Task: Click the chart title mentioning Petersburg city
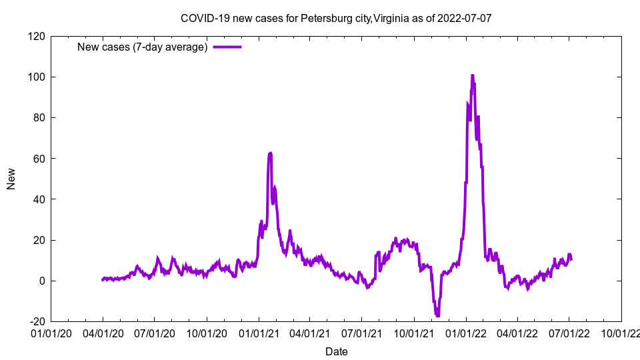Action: pos(336,18)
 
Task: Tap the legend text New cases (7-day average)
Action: pos(143,47)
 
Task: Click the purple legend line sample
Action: pos(227,47)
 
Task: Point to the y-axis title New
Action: pos(11,179)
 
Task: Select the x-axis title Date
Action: pos(336,351)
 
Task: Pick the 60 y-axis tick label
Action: pos(39,159)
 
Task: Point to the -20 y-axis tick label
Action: pos(36,321)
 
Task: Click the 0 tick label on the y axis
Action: pos(41,281)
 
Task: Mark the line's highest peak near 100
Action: pos(472,76)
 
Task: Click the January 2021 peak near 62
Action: pos(270,153)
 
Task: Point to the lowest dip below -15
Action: pos(437,315)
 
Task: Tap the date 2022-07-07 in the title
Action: pos(464,18)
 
